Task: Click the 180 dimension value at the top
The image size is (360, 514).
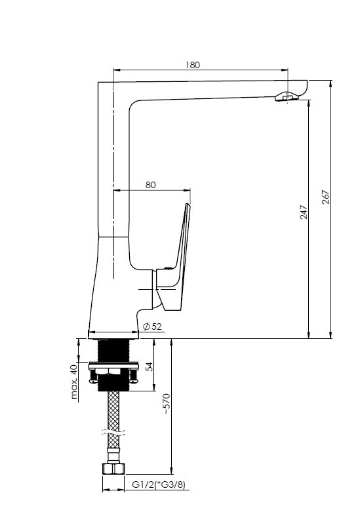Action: (193, 65)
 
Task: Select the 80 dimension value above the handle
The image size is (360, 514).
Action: (151, 185)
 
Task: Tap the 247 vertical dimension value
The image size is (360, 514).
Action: (304, 212)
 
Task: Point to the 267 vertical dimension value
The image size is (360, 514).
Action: (325, 197)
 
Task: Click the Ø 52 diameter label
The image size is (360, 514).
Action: (152, 326)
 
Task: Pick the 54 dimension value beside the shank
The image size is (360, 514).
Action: (150, 366)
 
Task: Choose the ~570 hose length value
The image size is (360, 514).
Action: (167, 404)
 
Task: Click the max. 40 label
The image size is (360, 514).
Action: (75, 382)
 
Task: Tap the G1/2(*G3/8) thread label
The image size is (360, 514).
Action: (159, 484)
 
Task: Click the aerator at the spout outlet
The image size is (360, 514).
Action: (287, 97)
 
